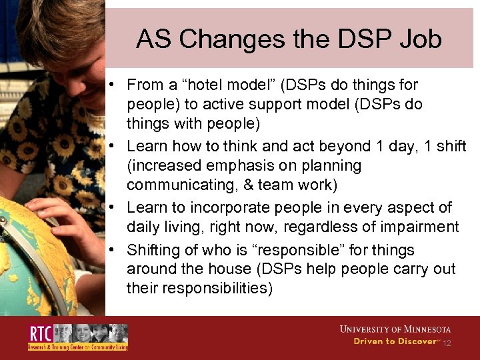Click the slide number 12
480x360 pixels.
pyautogui.click(x=447, y=343)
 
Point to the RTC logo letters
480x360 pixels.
pyautogui.click(x=41, y=333)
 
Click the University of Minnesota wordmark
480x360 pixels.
pyautogui.click(x=395, y=329)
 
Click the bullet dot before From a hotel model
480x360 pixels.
pyautogui.click(x=115, y=85)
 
